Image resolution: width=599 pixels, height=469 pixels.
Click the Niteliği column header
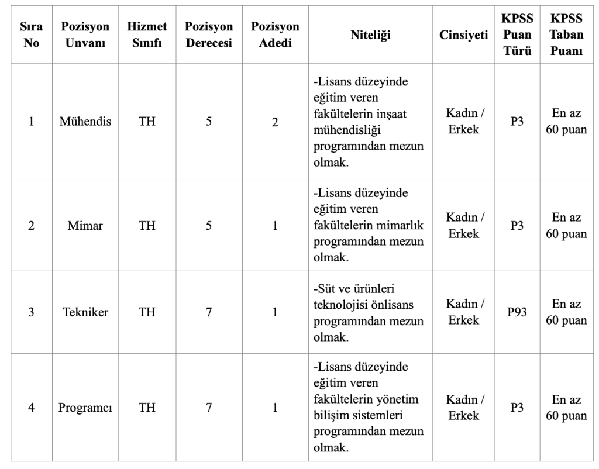pyautogui.click(x=369, y=36)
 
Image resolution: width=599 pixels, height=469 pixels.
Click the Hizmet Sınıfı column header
pyautogui.click(x=146, y=36)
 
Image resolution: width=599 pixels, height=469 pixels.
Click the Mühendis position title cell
pyautogui.click(x=85, y=122)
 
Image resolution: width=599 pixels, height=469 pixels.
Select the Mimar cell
pyautogui.click(x=85, y=226)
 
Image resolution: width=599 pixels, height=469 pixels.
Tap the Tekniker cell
pyautogui.click(x=85, y=313)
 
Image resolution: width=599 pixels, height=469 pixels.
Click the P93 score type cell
pyautogui.click(x=517, y=313)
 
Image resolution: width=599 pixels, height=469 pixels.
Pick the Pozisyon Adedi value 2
pyautogui.click(x=274, y=122)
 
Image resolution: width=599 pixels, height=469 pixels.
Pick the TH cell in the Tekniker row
pyautogui.click(x=146, y=313)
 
